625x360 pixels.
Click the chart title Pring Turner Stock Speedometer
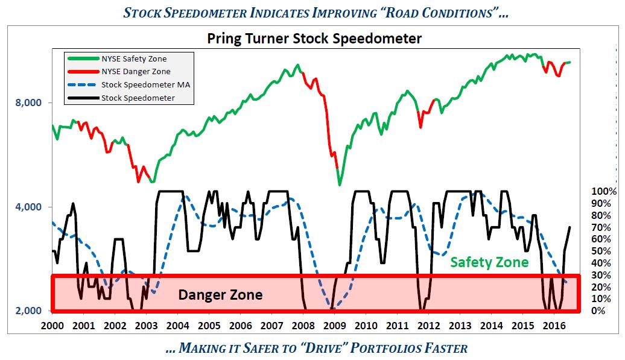tap(314, 39)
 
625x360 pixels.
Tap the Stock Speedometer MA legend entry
tap(145, 84)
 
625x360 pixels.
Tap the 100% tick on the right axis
tap(604, 192)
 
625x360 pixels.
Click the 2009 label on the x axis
tap(335, 326)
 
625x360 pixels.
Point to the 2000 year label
tap(53, 326)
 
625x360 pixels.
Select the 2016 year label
tap(554, 326)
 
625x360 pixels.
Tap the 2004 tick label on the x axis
tap(178, 326)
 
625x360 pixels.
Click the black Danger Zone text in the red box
tap(220, 295)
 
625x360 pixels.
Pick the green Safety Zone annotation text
tap(489, 262)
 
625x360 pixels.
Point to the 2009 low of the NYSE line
tap(340, 184)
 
